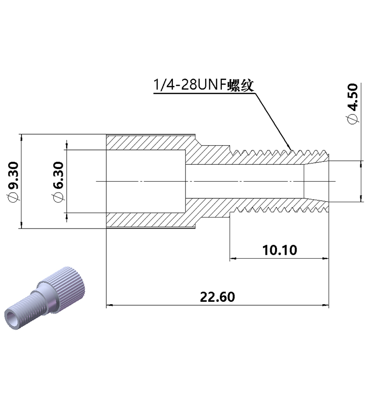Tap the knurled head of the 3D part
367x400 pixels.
point(67,285)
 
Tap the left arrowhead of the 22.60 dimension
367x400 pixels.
point(109,305)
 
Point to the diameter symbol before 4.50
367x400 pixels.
point(354,119)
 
